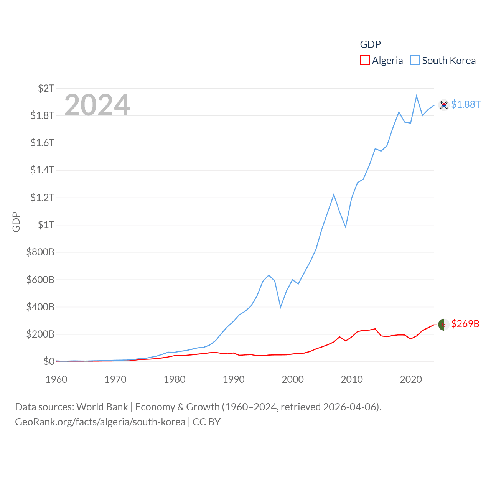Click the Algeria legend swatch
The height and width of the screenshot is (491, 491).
point(365,61)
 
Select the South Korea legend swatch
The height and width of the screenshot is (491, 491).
point(415,61)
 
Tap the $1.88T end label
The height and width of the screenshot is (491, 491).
point(466,104)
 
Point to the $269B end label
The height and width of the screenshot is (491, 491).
point(465,324)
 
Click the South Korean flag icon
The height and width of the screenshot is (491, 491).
point(444,105)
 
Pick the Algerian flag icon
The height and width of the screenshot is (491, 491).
point(444,324)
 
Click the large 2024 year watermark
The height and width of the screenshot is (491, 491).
point(97,105)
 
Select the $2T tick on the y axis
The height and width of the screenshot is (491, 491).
point(46,88)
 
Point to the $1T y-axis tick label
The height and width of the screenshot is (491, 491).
point(46,225)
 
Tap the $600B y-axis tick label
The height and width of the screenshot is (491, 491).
point(40,280)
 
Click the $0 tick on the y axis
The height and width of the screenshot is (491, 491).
point(49,361)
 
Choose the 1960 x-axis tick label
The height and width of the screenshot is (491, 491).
point(56,379)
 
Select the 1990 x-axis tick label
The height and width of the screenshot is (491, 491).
point(234,379)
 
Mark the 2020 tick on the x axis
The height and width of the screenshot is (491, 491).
point(411,379)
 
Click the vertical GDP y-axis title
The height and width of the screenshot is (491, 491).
point(16,222)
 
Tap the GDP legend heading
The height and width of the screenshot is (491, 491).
point(370,44)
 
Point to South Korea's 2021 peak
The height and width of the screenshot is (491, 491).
point(417,96)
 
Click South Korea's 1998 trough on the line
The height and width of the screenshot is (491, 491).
point(281,307)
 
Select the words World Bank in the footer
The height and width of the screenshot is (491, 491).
point(102,407)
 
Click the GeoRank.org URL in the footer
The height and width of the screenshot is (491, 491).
point(100,422)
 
